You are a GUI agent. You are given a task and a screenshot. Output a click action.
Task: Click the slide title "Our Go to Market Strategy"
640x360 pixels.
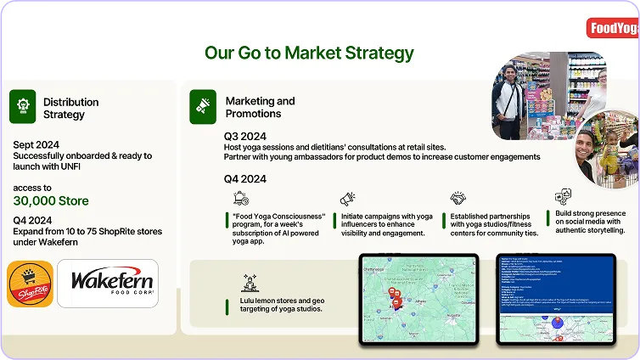tap(309, 53)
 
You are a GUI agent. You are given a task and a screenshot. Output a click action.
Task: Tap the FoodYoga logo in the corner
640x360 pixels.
tap(613, 29)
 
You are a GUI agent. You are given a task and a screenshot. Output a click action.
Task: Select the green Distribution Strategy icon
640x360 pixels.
tap(22, 107)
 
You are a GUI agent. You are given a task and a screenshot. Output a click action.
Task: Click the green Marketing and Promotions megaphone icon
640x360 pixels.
tap(203, 107)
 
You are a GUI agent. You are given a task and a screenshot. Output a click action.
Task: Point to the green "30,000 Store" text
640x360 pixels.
tap(51, 201)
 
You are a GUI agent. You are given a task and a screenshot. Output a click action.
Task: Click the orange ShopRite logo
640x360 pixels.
tap(30, 283)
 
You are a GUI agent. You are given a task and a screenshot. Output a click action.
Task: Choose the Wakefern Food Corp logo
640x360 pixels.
tap(107, 283)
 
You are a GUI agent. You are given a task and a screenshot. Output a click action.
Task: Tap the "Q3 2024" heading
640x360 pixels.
tap(245, 136)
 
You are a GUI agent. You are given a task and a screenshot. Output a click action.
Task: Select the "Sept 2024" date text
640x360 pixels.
tap(37, 143)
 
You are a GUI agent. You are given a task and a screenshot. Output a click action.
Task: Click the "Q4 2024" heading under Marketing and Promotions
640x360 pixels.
tap(245, 178)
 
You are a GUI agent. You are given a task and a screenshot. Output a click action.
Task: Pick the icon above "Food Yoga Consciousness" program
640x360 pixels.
tap(241, 198)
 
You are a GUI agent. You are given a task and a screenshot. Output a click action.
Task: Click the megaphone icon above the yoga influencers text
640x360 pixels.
tap(348, 199)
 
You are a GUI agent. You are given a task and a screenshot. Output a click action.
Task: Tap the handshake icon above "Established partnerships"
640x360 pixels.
tap(458, 199)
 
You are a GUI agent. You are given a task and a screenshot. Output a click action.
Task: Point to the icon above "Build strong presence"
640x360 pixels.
tap(563, 197)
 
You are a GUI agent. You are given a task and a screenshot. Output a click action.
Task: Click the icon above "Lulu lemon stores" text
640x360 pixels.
tap(250, 283)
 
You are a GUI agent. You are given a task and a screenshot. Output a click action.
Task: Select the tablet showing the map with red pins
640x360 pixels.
tap(418, 298)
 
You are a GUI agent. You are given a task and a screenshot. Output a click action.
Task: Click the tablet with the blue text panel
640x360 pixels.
tap(555, 298)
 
